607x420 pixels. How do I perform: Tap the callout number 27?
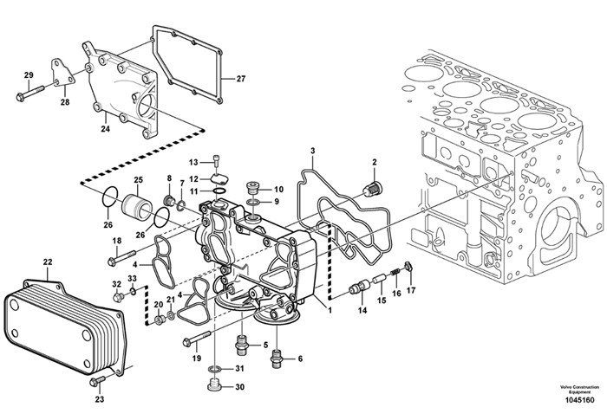[x=241, y=79]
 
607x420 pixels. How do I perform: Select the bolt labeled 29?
[x=30, y=93]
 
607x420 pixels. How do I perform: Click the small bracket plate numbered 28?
[x=62, y=73]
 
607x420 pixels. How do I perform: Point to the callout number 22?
[x=47, y=262]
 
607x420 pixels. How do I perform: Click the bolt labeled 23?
[x=97, y=381]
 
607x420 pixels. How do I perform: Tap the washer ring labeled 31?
[x=214, y=368]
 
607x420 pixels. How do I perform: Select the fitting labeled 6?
[x=277, y=359]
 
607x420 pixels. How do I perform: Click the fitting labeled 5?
[x=242, y=344]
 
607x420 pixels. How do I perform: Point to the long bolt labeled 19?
[x=197, y=339]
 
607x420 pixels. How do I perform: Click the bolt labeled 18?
[x=121, y=258]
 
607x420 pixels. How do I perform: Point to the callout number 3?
[x=313, y=151]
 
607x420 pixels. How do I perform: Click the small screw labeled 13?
[x=217, y=160]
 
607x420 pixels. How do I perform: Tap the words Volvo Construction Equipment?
[x=579, y=390]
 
